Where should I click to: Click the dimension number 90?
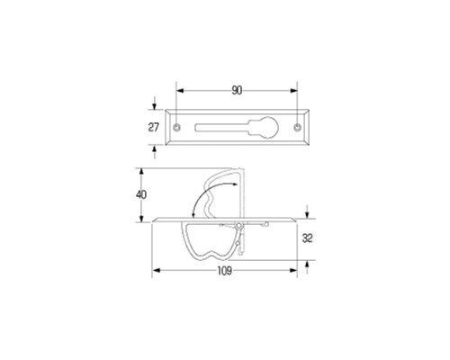(x=237, y=91)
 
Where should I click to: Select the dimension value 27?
(x=153, y=127)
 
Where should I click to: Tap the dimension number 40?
(x=141, y=195)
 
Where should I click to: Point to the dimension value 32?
(x=308, y=238)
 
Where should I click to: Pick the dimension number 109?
(x=225, y=271)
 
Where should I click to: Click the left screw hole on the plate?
(x=177, y=127)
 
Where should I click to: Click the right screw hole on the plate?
(x=297, y=127)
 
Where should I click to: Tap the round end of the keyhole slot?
(x=268, y=127)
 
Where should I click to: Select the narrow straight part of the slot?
(x=222, y=127)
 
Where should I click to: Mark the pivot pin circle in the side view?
(x=238, y=226)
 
